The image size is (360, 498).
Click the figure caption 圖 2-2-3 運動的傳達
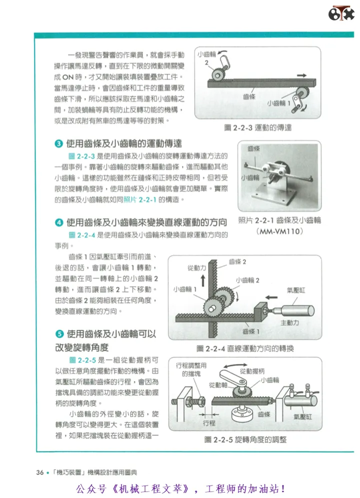tap(257, 128)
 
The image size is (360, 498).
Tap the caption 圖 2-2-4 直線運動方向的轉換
tap(245, 349)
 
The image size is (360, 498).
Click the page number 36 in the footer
tap(40, 472)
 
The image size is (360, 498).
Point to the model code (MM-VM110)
tap(279, 231)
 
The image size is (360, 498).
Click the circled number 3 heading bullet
tap(59, 143)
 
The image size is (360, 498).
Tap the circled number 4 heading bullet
tap(59, 222)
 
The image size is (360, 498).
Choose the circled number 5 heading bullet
tap(59, 334)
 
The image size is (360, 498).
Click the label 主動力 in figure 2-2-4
tap(289, 323)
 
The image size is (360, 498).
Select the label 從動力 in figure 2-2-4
tap(196, 268)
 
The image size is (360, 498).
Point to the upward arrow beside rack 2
tap(202, 281)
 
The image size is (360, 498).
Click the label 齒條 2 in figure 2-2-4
tap(237, 262)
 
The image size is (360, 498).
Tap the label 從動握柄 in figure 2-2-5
tap(252, 371)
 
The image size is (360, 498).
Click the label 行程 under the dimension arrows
tap(209, 423)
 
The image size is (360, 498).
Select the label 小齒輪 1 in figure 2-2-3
tap(278, 103)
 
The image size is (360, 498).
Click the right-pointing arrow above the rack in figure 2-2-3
tap(302, 75)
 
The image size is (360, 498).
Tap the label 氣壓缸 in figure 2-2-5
tap(303, 417)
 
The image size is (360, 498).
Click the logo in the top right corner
tap(341, 13)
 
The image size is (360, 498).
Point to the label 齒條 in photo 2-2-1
tap(254, 148)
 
